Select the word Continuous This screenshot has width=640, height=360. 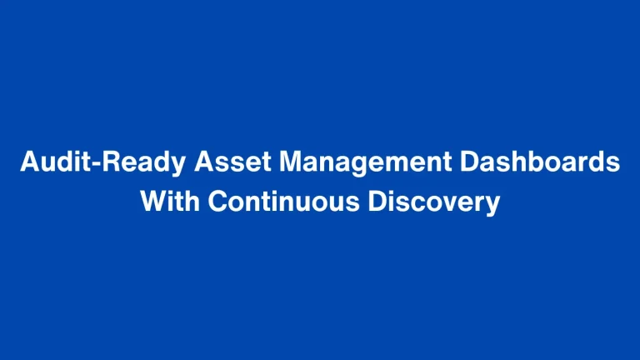282,202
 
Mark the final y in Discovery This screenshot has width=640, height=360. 492,205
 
